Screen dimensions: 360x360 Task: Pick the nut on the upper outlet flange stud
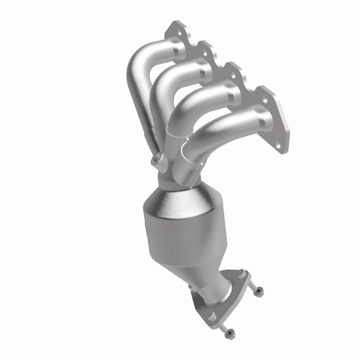tap(259, 293)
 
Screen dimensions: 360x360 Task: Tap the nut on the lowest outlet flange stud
tap(229, 333)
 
